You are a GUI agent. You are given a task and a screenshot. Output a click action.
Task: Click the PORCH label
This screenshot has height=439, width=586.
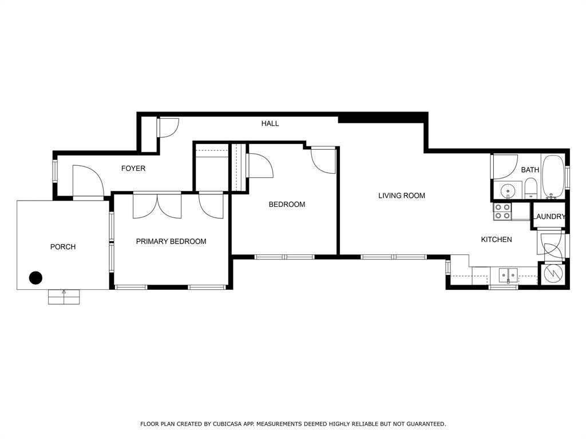63,247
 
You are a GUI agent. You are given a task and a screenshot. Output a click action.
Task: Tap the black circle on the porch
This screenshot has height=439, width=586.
35,278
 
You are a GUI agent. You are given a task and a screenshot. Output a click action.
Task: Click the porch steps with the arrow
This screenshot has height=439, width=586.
64,297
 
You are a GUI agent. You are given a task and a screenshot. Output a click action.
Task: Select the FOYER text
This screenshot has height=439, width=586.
133,169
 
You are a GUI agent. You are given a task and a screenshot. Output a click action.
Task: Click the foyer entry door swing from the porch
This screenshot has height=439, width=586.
88,181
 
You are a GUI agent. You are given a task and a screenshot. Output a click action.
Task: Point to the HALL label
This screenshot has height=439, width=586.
270,123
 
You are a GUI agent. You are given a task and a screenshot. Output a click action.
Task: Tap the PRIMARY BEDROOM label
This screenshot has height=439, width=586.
171,242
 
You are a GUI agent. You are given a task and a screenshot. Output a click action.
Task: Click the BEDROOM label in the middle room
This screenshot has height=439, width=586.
287,205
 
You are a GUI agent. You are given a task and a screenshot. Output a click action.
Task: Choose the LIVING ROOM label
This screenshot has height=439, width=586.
402,196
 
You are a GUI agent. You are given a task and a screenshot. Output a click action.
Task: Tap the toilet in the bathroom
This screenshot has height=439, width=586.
530,188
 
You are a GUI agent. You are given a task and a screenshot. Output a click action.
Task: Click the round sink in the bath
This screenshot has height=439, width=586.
507,190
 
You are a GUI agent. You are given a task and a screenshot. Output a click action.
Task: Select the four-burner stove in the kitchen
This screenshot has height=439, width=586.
502,211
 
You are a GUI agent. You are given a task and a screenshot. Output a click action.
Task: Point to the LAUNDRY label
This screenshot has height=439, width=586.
549,217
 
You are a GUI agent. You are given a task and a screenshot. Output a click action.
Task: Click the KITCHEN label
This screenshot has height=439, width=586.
496,240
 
